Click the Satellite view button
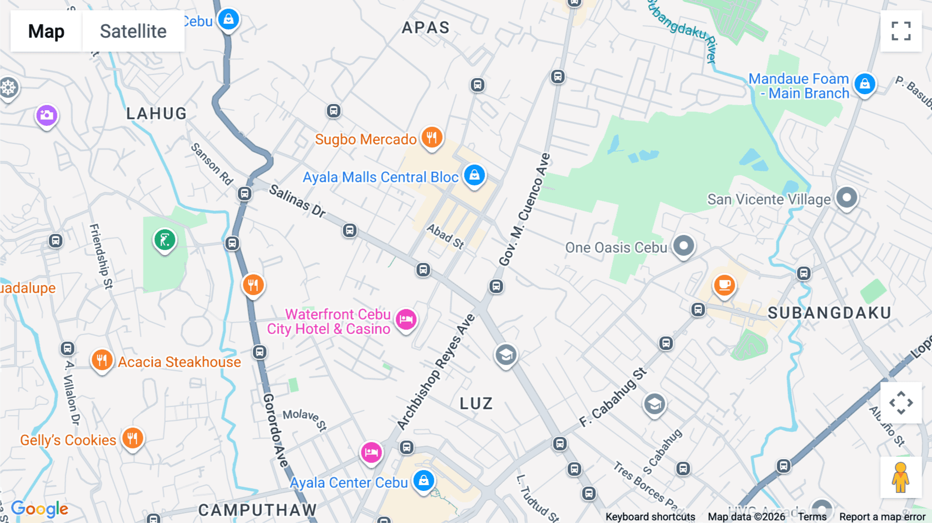tap(133, 31)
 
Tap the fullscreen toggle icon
tap(901, 31)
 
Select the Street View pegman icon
tap(900, 477)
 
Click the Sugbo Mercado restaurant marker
tap(431, 138)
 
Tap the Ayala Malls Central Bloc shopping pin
tap(474, 175)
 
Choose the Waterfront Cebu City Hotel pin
tap(406, 319)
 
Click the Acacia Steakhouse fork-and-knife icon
tap(102, 360)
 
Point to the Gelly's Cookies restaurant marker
tap(133, 438)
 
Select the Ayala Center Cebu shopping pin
tap(424, 481)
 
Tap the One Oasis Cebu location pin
tap(683, 245)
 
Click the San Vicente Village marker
tap(847, 197)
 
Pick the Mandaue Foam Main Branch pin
tap(865, 84)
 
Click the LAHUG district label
tap(156, 113)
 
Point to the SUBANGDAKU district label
tap(829, 313)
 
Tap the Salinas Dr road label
tap(297, 201)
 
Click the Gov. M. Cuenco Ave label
tap(524, 209)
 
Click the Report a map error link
tap(882, 517)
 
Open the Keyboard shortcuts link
tap(650, 517)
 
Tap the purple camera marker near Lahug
tap(47, 115)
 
